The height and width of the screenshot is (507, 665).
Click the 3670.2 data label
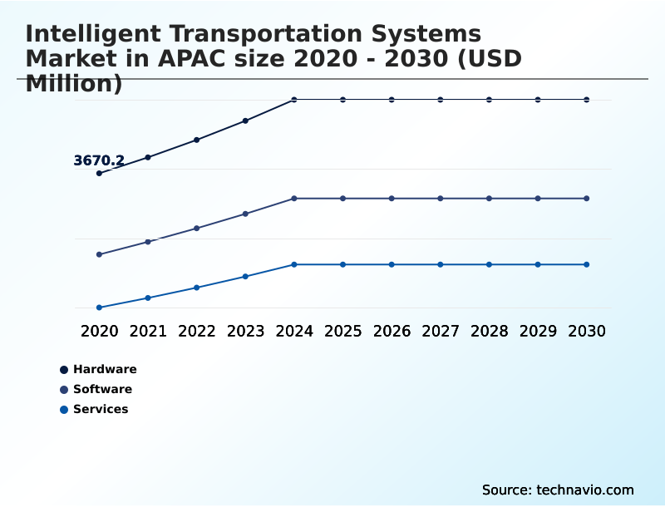coord(99,160)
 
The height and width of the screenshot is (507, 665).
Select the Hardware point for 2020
coord(99,173)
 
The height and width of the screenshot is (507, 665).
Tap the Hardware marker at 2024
coord(294,100)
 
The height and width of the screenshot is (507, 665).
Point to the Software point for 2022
coord(197,228)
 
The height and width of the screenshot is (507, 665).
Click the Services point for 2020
coord(99,308)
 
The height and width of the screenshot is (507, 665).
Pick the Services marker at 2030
coord(587,264)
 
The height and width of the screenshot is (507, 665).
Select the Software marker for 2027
coord(441,199)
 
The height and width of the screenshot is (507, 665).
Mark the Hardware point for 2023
coord(245,121)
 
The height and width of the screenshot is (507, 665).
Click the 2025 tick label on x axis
coord(342,331)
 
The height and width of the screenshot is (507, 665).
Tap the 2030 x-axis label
coord(587,331)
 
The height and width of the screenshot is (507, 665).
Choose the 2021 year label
coord(148,331)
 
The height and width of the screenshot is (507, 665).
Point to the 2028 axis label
coord(489,331)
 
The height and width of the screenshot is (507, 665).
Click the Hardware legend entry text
coord(105,369)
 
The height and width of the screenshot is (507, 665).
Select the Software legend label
coord(102,389)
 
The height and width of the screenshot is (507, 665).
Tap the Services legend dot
coord(64,409)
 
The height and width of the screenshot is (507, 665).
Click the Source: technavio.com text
coord(558,490)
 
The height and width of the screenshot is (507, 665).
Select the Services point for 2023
coord(245,276)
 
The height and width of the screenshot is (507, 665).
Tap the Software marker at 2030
coord(587,199)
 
